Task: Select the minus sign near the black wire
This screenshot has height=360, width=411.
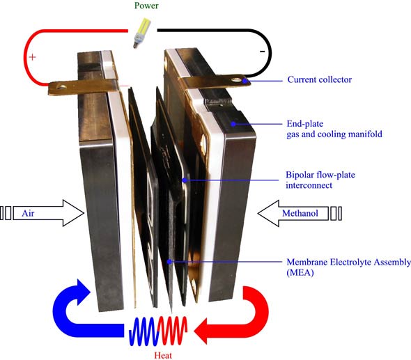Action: (261, 51)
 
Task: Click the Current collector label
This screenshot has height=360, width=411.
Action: (320, 79)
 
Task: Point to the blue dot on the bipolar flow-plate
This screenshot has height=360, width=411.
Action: (184, 180)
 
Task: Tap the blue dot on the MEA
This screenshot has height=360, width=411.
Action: (171, 262)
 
